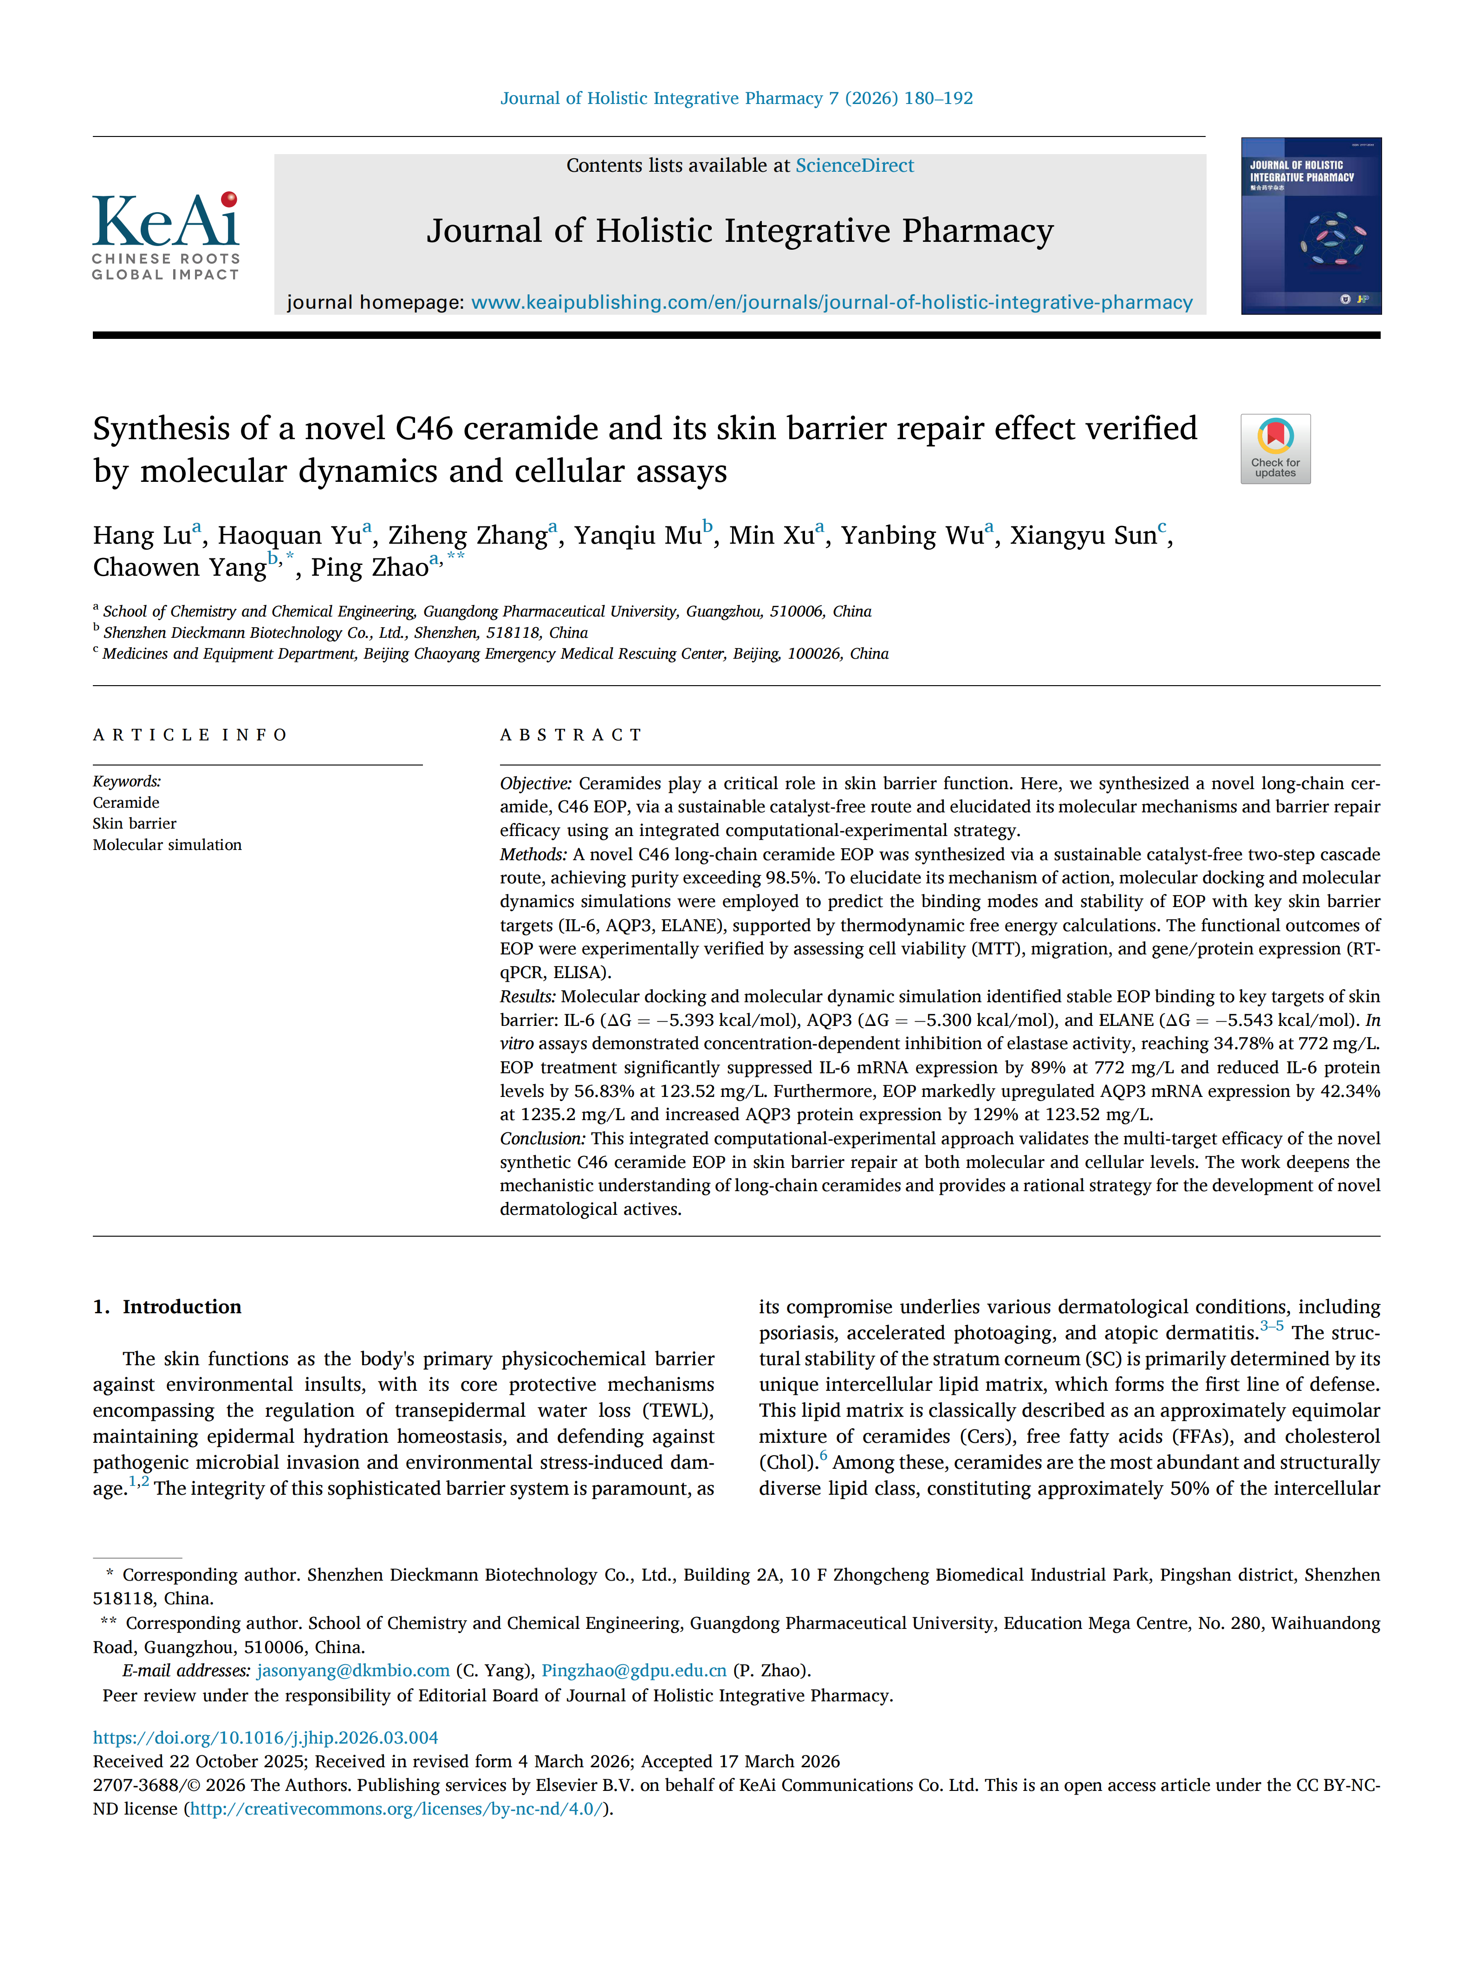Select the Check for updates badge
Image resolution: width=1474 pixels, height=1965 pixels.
point(1275,448)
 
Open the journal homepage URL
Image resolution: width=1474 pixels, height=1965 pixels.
point(831,303)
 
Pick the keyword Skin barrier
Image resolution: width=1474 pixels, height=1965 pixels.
point(134,824)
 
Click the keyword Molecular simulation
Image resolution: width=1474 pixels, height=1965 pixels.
point(167,845)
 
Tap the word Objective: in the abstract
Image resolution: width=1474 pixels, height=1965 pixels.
point(536,784)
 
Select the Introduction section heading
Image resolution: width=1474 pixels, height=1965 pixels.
point(181,1307)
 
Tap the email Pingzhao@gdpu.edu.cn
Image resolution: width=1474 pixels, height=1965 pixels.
point(634,1671)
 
